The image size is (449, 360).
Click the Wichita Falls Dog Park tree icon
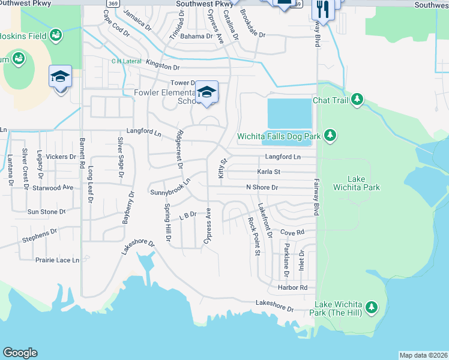[x=330, y=136]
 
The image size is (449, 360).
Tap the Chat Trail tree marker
[x=357, y=99]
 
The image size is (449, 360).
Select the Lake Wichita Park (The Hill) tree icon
[x=372, y=308]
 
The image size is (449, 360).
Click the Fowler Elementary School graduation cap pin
[x=207, y=92]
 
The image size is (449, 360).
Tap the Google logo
[x=20, y=353]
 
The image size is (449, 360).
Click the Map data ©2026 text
[x=423, y=355]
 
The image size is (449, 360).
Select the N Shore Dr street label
[x=262, y=187]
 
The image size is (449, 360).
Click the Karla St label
[x=269, y=172]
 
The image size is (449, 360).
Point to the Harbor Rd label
[x=292, y=287]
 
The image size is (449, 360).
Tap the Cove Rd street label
[x=292, y=232]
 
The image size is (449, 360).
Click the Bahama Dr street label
[x=197, y=36]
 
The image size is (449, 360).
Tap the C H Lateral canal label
[x=125, y=61]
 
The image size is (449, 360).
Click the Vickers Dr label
[x=61, y=157]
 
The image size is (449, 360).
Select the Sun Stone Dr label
[x=46, y=212]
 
